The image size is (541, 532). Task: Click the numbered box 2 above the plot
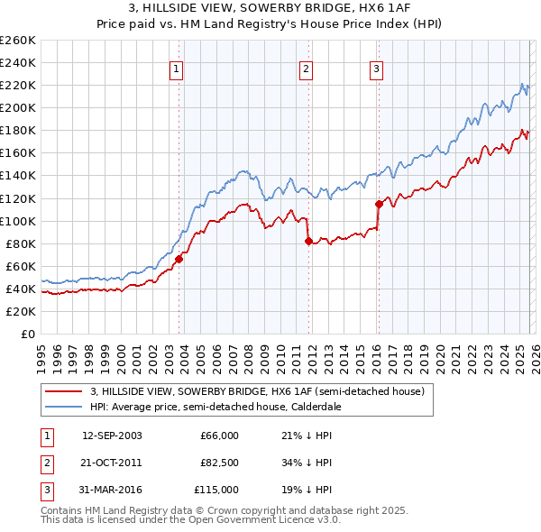pos(306,69)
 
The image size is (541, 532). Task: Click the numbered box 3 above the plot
pos(376,69)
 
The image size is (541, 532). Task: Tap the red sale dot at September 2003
pos(179,259)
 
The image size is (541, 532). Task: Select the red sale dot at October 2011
pos(308,241)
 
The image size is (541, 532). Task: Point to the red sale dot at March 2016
pos(379,204)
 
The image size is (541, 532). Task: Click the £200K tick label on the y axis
pos(17,107)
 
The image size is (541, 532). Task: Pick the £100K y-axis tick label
pos(17,221)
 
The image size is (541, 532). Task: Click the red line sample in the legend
pos(65,391)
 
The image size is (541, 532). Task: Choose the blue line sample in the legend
pos(65,407)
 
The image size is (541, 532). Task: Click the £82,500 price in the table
pos(218,463)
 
